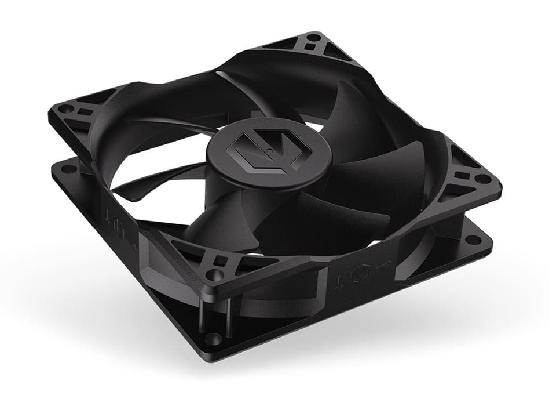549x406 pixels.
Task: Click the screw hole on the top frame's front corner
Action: click(x=217, y=271)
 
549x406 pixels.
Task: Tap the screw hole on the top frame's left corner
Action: click(x=65, y=108)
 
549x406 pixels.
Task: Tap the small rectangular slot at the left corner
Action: click(x=83, y=112)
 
